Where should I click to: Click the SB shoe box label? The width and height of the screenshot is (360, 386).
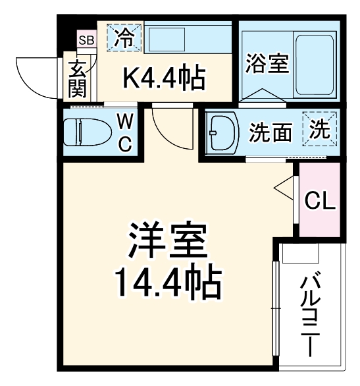click(x=86, y=40)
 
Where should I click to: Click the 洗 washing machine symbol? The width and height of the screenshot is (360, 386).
click(x=319, y=128)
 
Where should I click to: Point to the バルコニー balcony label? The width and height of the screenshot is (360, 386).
click(x=310, y=313)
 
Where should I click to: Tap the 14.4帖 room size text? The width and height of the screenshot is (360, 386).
click(x=168, y=284)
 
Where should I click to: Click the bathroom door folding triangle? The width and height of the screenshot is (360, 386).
click(x=263, y=96)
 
